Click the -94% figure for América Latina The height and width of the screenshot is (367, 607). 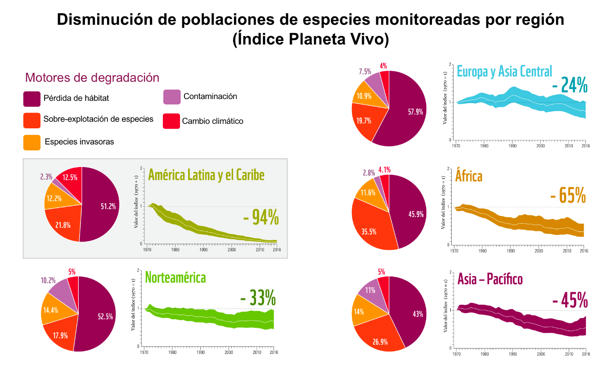(x=261, y=217)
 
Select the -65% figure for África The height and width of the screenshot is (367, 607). (x=568, y=196)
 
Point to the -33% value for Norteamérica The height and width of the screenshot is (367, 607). (x=257, y=298)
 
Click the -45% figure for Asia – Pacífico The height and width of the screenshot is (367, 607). (x=569, y=301)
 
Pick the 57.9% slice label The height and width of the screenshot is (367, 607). (x=415, y=112)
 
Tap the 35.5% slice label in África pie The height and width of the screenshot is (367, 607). (x=369, y=231)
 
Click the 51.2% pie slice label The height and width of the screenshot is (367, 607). (x=108, y=206)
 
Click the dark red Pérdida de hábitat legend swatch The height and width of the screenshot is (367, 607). (x=31, y=99)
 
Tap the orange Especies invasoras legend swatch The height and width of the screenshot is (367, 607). (x=31, y=142)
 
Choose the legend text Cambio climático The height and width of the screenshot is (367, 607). (x=212, y=121)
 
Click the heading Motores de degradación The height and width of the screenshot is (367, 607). (x=92, y=77)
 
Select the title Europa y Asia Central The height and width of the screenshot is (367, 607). (x=504, y=71)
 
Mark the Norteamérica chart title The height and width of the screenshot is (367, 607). (x=175, y=277)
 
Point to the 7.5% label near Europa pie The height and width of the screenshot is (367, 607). (x=365, y=72)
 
